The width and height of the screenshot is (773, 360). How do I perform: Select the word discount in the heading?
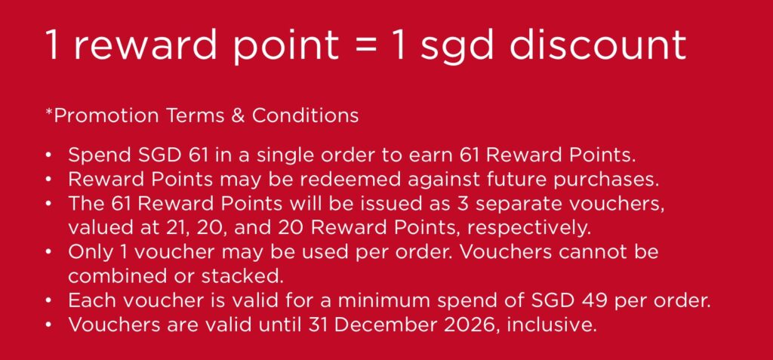pyautogui.click(x=597, y=44)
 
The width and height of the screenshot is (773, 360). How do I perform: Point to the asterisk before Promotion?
pyautogui.click(x=49, y=110)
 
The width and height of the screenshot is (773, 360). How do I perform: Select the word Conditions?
pyautogui.click(x=305, y=116)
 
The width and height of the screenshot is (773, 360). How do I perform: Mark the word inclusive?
pyautogui.click(x=550, y=325)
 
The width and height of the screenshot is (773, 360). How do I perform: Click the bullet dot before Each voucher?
pyautogui.click(x=48, y=300)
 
